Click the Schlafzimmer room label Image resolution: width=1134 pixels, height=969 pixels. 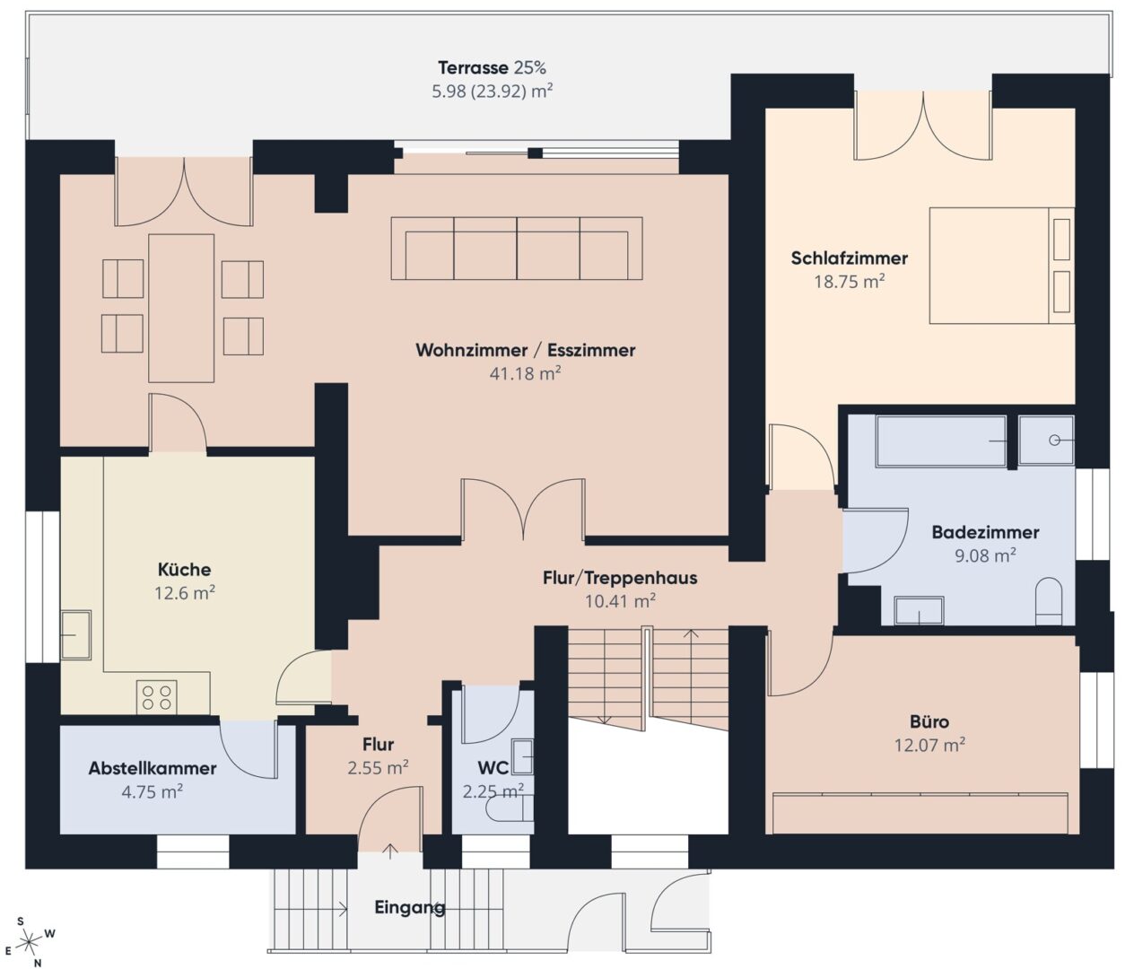[x=849, y=258]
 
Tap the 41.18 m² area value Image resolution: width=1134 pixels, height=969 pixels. [x=525, y=373]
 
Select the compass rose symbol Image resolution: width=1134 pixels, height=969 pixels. [x=30, y=941]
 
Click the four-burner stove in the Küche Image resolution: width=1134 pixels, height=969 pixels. [x=157, y=697]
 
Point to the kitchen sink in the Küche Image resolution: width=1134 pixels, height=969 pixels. [x=75, y=633]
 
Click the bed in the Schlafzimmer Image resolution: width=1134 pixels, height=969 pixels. [x=999, y=266]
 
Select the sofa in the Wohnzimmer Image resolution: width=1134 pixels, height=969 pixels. [x=517, y=249]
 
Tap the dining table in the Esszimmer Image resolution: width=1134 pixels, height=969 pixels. [x=181, y=308]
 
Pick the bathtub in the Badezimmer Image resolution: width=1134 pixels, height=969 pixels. [x=940, y=441]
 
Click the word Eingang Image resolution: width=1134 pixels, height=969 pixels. [x=409, y=907]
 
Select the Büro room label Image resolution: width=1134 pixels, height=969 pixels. [x=929, y=721]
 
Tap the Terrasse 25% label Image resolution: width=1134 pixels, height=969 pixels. [x=492, y=67]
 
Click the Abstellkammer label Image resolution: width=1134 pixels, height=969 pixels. [x=152, y=768]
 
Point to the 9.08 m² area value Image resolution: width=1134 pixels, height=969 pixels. [x=984, y=555]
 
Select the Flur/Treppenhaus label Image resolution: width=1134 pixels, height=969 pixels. [x=620, y=578]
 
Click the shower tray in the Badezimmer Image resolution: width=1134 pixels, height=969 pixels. [x=1046, y=441]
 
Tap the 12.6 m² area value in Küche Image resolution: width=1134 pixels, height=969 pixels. [x=184, y=592]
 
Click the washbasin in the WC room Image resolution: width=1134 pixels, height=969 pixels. [x=522, y=755]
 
